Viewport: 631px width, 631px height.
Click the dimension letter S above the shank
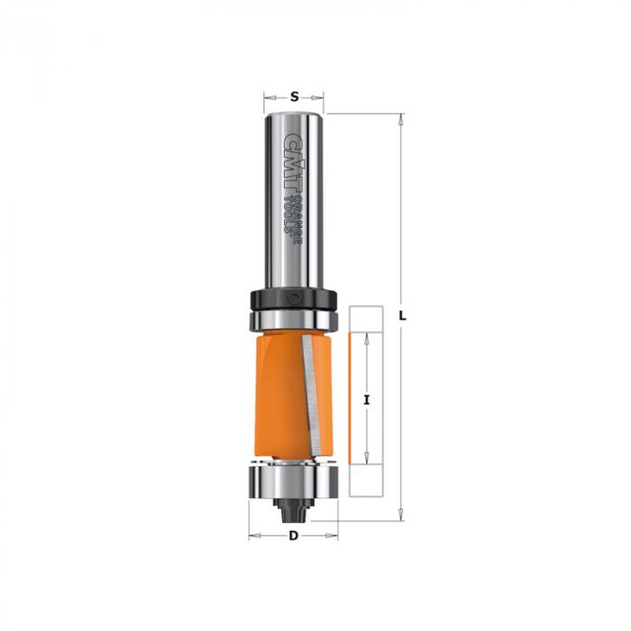[x=295, y=96]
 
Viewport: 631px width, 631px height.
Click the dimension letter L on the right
[x=402, y=316]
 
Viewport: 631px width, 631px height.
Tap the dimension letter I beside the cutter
[x=366, y=400]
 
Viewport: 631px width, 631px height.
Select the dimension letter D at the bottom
[x=294, y=535]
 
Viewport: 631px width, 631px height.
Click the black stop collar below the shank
[x=293, y=299]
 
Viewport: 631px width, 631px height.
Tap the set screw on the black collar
[x=295, y=298]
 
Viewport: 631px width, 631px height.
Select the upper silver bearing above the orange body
[x=294, y=320]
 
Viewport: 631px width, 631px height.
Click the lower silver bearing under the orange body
[x=293, y=480]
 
